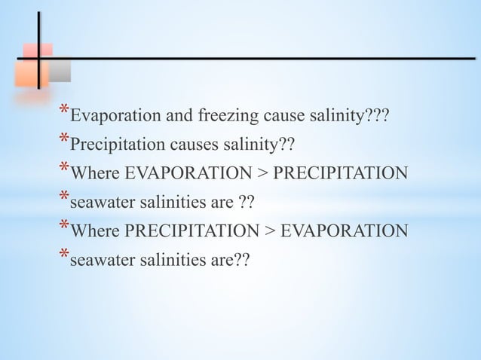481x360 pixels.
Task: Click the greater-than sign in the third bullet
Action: coord(262,173)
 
